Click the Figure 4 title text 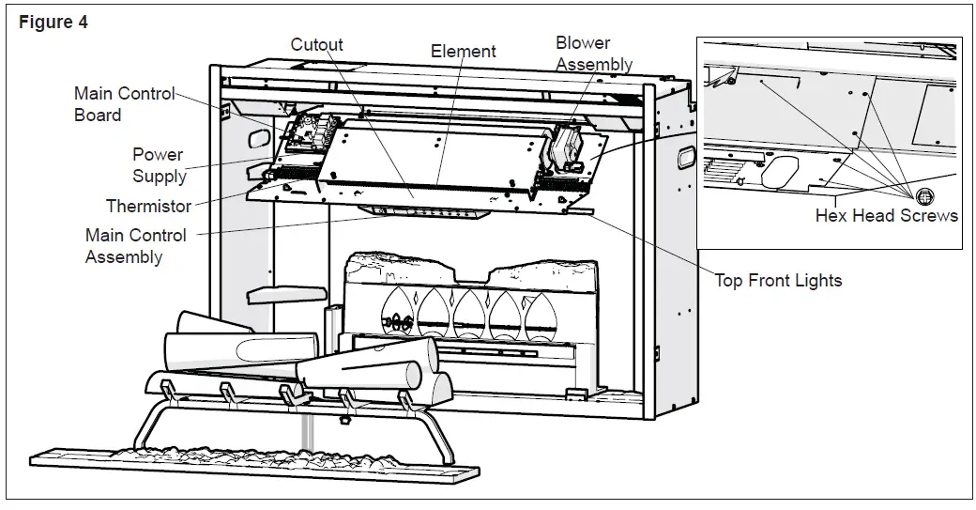[x=53, y=23]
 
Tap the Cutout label [x=316, y=44]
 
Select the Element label [x=463, y=52]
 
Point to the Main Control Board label [x=123, y=104]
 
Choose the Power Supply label [x=158, y=165]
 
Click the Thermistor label [x=148, y=206]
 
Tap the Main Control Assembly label [x=135, y=246]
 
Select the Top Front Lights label [x=778, y=280]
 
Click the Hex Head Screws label [x=886, y=216]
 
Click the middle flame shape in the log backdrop [x=470, y=314]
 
